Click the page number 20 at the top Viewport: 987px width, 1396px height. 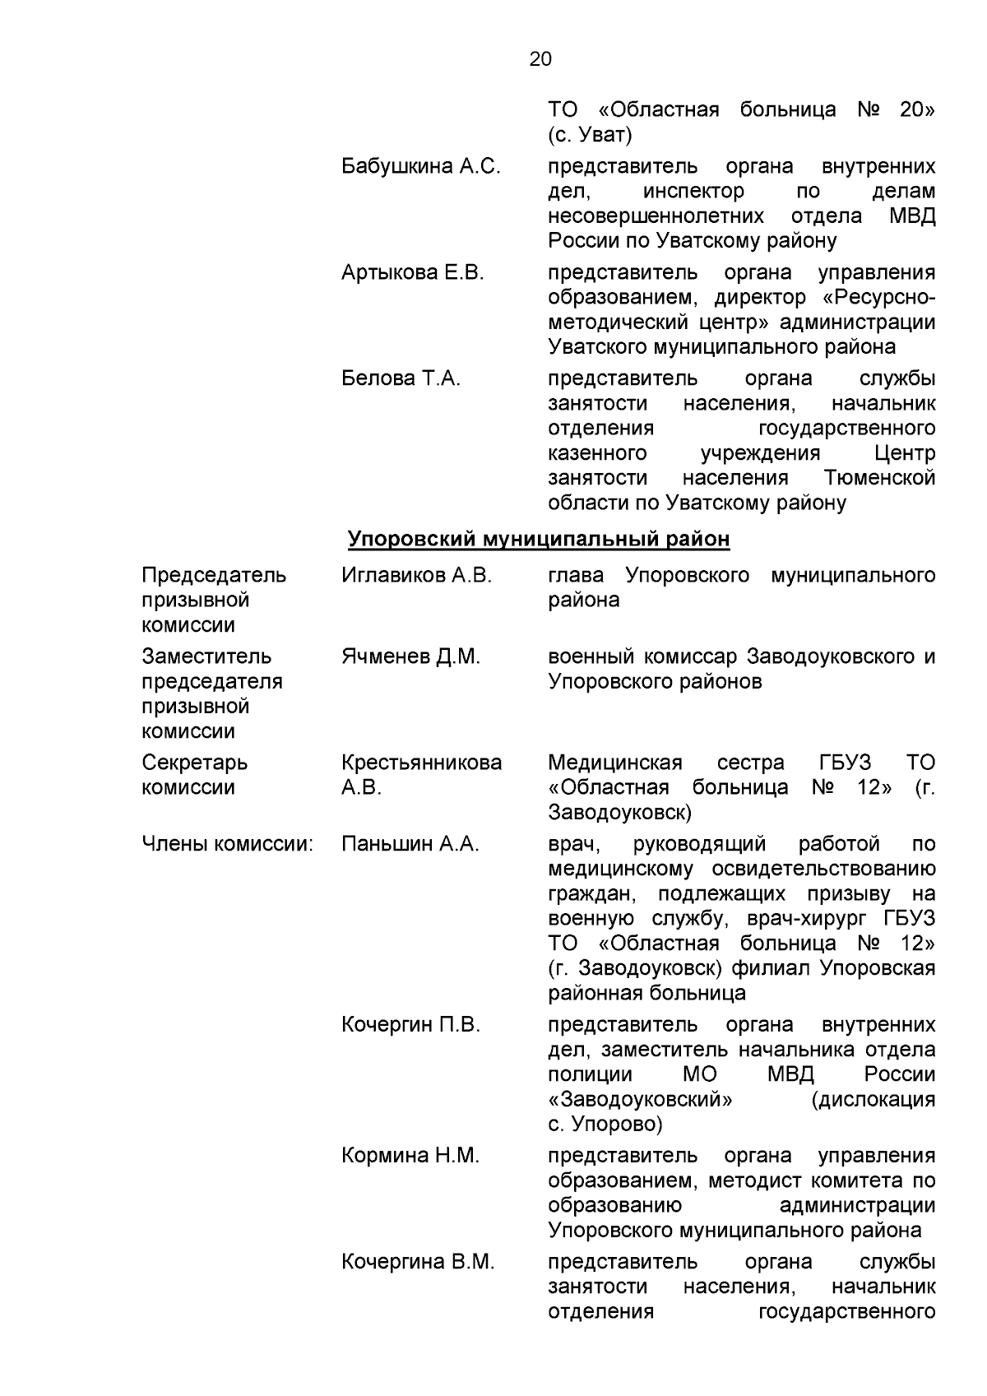pos(540,59)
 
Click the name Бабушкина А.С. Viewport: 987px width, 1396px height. pos(420,167)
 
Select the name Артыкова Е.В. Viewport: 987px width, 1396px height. pos(413,273)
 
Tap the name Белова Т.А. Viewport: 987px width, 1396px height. pos(401,379)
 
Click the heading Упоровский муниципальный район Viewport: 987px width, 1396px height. pos(539,540)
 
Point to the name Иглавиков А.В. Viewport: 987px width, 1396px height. pos(416,576)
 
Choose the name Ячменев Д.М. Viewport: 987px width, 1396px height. pos(410,657)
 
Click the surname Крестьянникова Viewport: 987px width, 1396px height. pos(421,763)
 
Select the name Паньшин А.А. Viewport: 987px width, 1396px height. pos(410,845)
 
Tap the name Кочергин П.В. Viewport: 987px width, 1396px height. pos(410,1026)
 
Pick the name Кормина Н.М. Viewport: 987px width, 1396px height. pos(410,1157)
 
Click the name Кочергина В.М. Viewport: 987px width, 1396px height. pos(418,1263)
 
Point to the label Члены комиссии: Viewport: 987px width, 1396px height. pos(228,845)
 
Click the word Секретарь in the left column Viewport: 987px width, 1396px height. pos(194,763)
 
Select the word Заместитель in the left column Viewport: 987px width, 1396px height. pos(206,657)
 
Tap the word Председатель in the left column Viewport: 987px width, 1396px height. pos(214,576)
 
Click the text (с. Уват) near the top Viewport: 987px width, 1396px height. pos(590,135)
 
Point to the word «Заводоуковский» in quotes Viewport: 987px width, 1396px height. pos(641,1100)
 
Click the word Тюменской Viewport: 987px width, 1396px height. pos(879,478)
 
